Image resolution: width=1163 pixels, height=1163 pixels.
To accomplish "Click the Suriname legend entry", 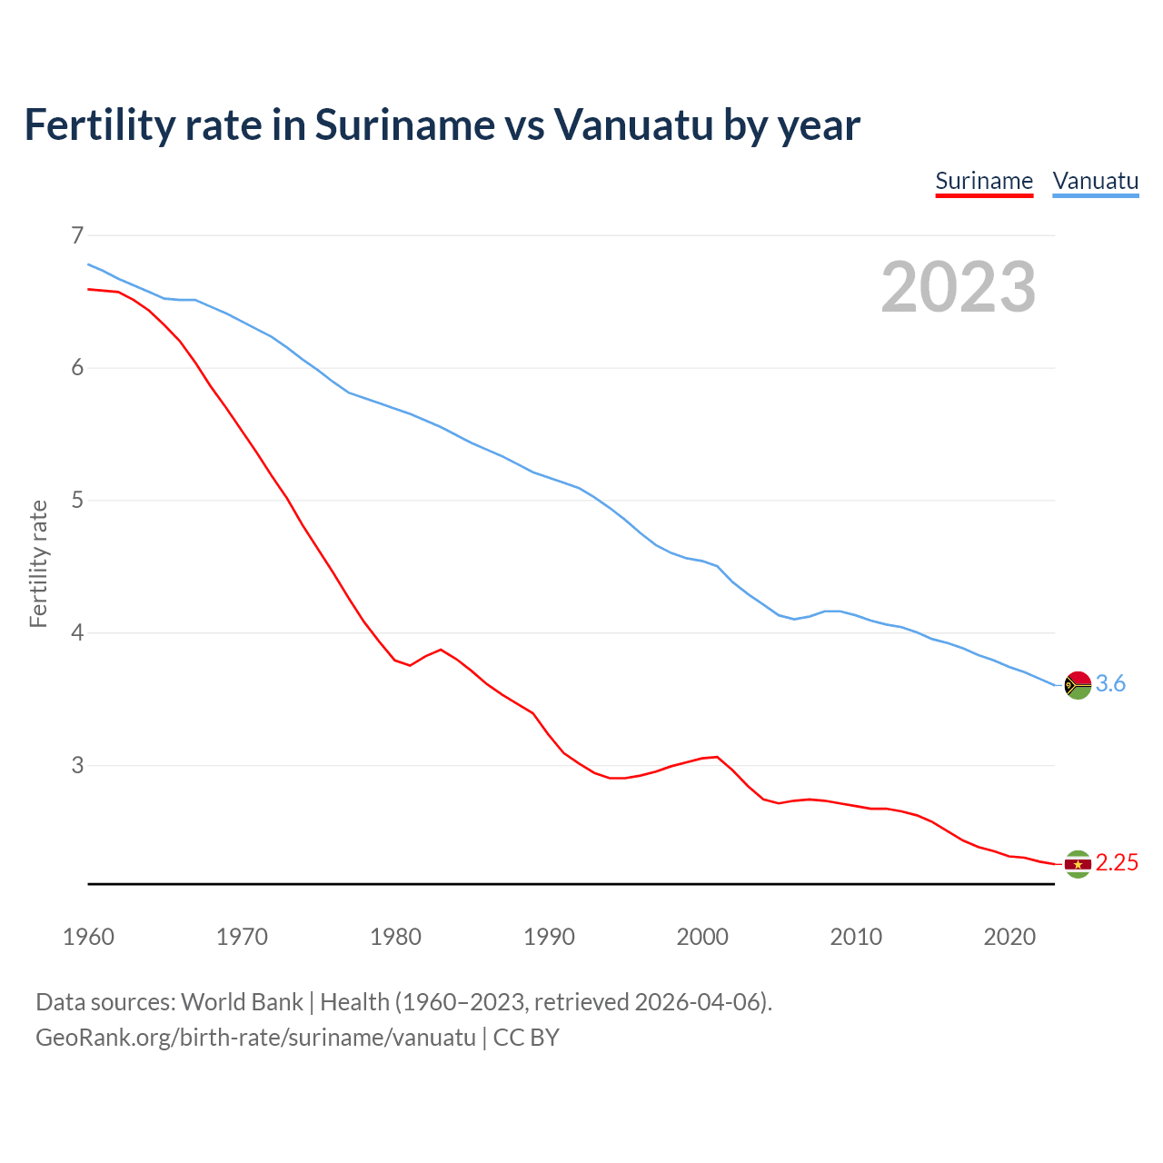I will click(984, 181).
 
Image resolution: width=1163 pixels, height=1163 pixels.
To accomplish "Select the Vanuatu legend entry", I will click(1095, 181).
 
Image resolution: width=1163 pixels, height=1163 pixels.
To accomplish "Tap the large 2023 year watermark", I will click(959, 287).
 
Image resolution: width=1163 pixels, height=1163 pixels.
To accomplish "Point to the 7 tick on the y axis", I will click(76, 235).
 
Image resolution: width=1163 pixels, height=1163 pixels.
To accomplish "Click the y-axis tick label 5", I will click(76, 500).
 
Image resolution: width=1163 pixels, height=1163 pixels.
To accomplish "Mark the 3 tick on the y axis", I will click(76, 765).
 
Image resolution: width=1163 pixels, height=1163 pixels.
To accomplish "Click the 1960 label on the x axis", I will click(88, 937).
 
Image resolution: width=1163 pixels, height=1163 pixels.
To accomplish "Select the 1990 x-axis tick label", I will click(549, 937).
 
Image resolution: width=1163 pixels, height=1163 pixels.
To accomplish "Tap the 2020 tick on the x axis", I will click(1009, 937).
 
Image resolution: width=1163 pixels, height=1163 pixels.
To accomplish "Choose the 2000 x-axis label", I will click(702, 937).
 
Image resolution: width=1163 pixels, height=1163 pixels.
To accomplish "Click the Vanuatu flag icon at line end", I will click(1078, 685).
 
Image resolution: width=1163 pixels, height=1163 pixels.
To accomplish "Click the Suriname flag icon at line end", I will click(1078, 864).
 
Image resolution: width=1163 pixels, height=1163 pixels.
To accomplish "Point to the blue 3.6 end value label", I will click(1110, 684).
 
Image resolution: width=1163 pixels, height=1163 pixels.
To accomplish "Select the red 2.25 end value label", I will click(1117, 863).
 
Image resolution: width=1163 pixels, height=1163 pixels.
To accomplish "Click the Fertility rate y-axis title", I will click(38, 563).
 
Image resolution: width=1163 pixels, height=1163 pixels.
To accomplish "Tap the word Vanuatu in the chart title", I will click(633, 125).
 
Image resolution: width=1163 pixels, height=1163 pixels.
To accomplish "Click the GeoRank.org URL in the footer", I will click(255, 1038).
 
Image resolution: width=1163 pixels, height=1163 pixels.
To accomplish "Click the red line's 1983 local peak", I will click(441, 650).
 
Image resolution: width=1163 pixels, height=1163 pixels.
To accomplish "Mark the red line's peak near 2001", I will click(717, 757).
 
